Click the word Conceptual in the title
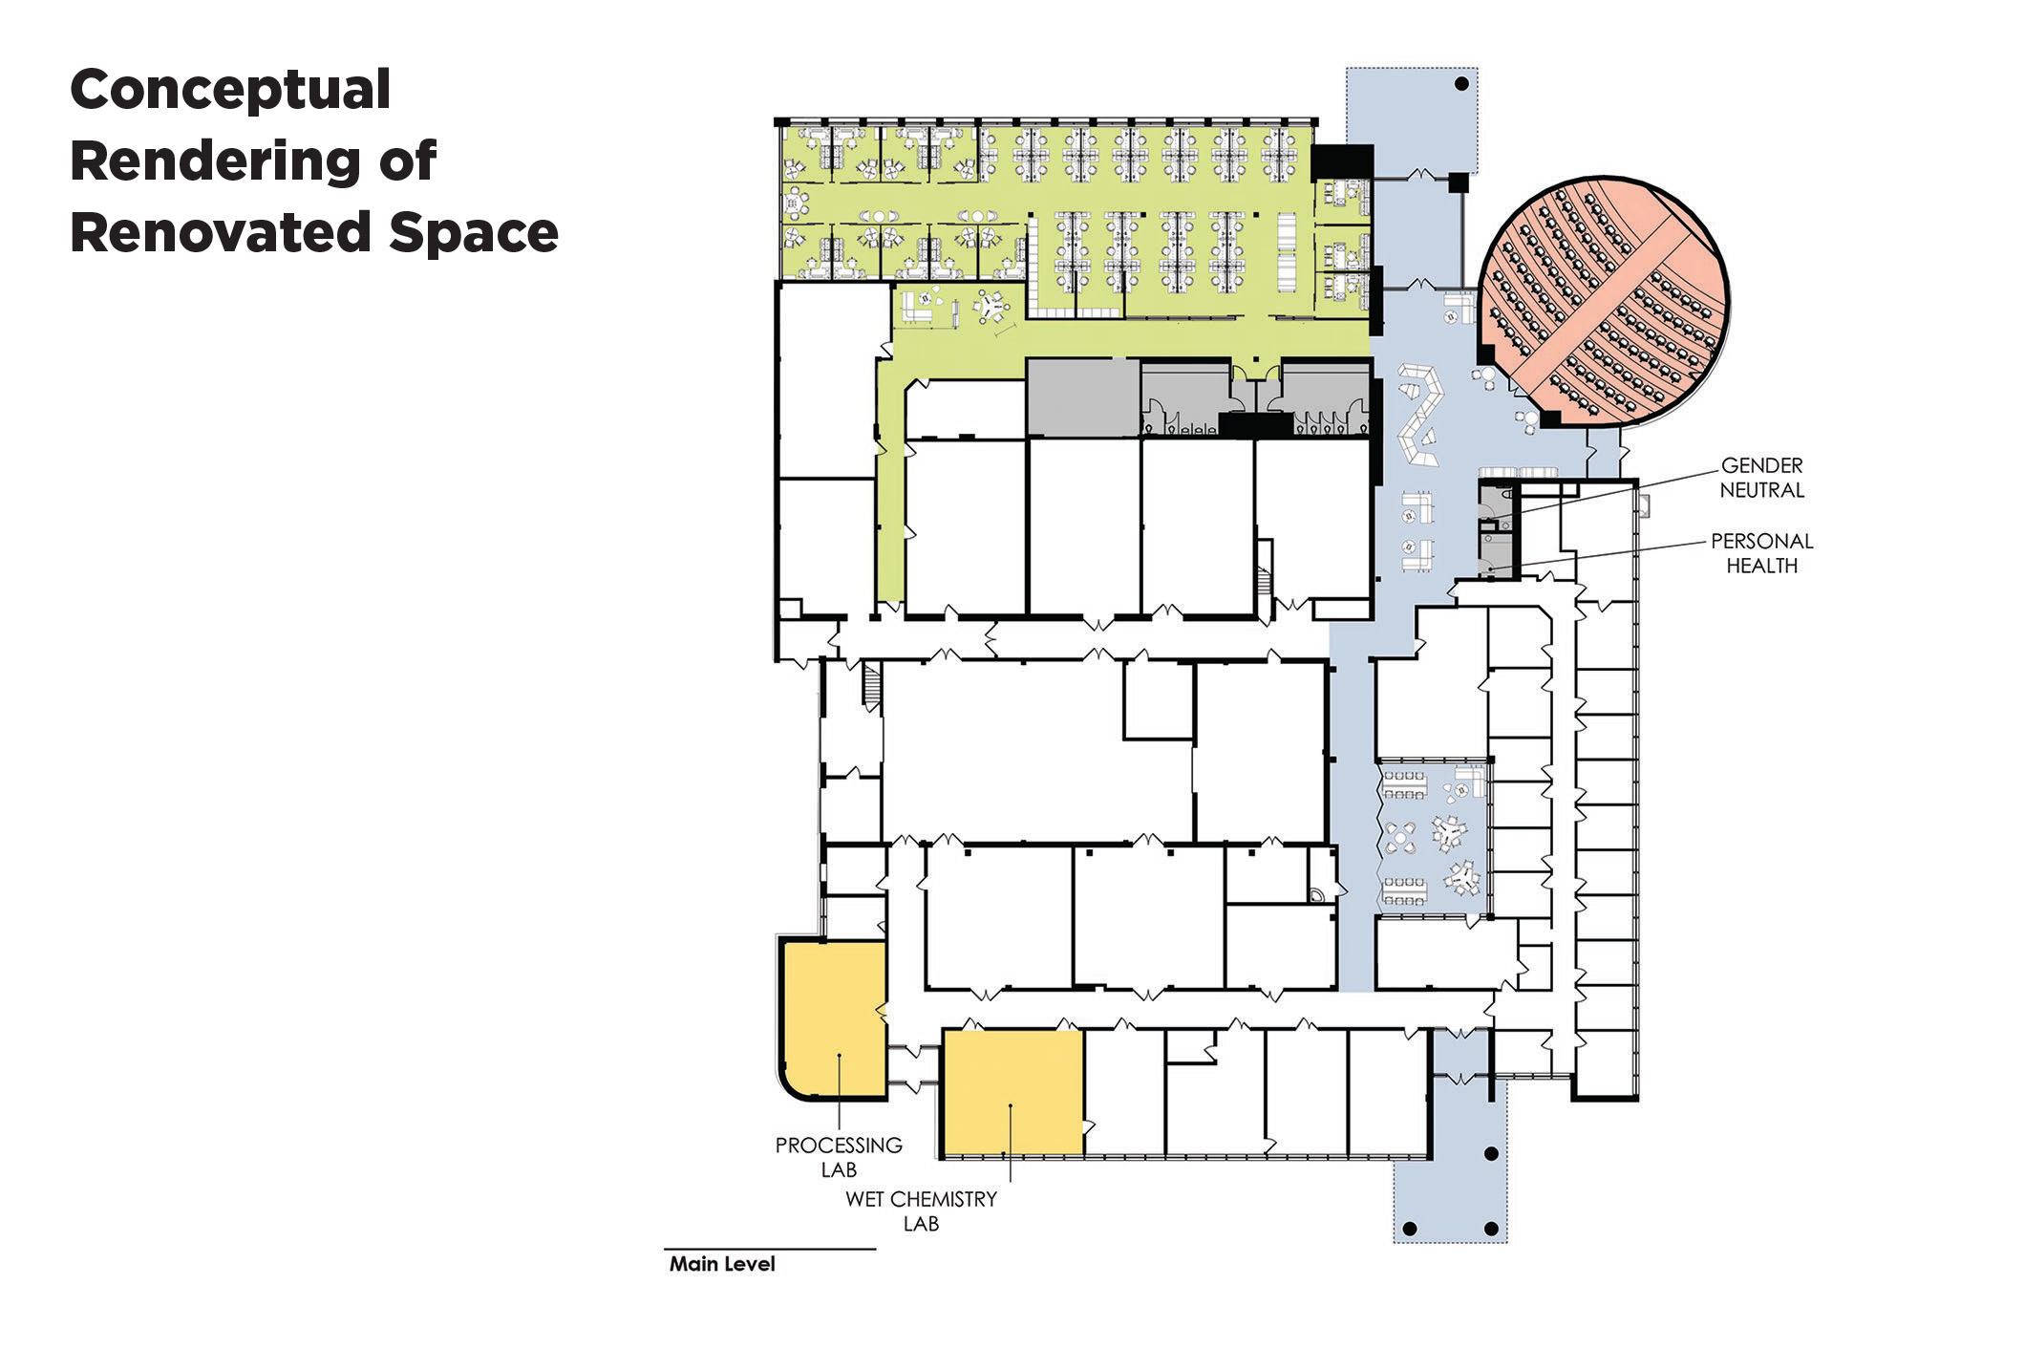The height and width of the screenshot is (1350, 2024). pos(230,91)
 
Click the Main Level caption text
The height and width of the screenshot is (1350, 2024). pos(722,1264)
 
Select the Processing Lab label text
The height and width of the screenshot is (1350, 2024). pos(839,1157)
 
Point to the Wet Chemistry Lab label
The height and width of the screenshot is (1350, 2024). pos(921,1211)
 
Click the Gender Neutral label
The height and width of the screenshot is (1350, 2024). pos(1762,478)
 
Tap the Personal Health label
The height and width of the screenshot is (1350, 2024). pos(1762,553)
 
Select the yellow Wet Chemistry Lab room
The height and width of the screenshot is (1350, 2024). pos(1012,1092)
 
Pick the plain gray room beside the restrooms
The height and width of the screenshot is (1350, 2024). pos(1083,397)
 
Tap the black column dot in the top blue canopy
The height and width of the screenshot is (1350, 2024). pos(1460,84)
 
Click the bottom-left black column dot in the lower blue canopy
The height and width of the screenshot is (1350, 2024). pos(1410,1228)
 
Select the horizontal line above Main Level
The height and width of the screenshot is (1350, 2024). pos(770,1249)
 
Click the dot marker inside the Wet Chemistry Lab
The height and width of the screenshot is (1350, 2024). pos(1011,1107)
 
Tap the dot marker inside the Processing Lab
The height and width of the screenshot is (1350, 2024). pos(838,1056)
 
